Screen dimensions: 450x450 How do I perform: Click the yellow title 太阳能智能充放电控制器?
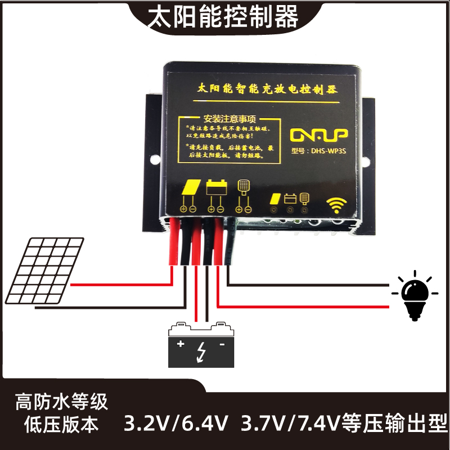[x=264, y=89]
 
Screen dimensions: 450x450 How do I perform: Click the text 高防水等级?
[x=61, y=402]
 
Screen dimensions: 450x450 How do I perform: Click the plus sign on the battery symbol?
[x=181, y=344]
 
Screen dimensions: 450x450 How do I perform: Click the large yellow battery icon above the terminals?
[x=216, y=187]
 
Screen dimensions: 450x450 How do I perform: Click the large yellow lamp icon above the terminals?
[x=244, y=186]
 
